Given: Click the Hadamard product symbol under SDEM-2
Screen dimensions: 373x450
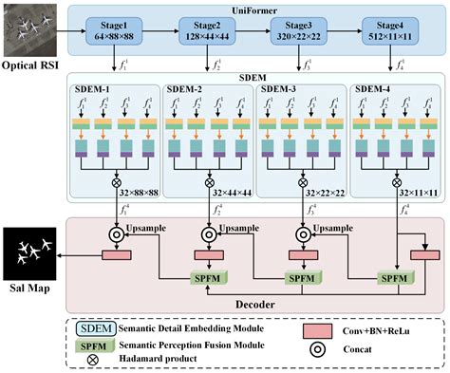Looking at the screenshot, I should pyautogui.click(x=210, y=181).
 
